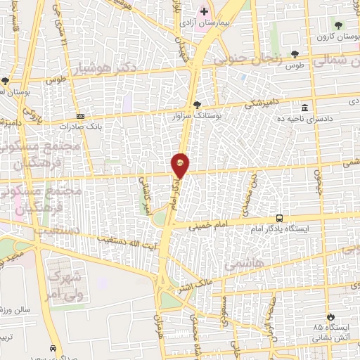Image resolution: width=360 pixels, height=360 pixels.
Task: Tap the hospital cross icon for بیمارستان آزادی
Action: (204, 12)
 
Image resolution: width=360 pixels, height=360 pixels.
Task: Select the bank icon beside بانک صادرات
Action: (81, 116)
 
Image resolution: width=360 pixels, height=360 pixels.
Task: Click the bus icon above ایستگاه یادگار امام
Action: (280, 218)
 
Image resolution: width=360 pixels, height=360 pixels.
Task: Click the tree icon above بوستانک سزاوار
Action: (196, 105)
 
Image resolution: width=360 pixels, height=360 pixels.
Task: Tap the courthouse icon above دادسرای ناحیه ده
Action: (304, 108)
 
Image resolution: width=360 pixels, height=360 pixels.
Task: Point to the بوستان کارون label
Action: (333, 35)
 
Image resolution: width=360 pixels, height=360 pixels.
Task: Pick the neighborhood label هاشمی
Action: (242, 265)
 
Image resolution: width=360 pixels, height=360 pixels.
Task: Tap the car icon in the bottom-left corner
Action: (53, 348)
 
